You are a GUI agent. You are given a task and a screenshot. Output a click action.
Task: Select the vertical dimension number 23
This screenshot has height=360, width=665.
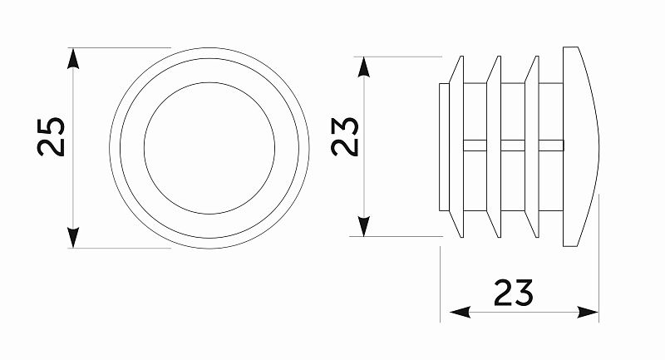click(345, 136)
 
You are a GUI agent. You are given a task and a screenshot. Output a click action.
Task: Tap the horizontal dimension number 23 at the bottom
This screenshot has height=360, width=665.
click(513, 293)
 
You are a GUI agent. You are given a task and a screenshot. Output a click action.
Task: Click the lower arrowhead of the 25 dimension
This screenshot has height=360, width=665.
click(74, 238)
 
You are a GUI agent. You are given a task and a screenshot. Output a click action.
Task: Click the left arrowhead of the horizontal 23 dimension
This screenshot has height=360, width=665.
click(458, 313)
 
